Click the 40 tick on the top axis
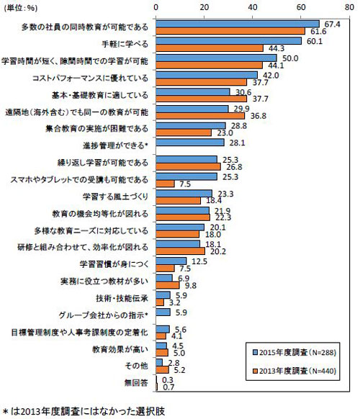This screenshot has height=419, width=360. [x=253, y=6]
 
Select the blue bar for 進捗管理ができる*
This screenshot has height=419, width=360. [x=190, y=142]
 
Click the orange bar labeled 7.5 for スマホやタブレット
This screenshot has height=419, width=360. [x=165, y=183]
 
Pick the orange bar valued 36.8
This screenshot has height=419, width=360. [x=200, y=115]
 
